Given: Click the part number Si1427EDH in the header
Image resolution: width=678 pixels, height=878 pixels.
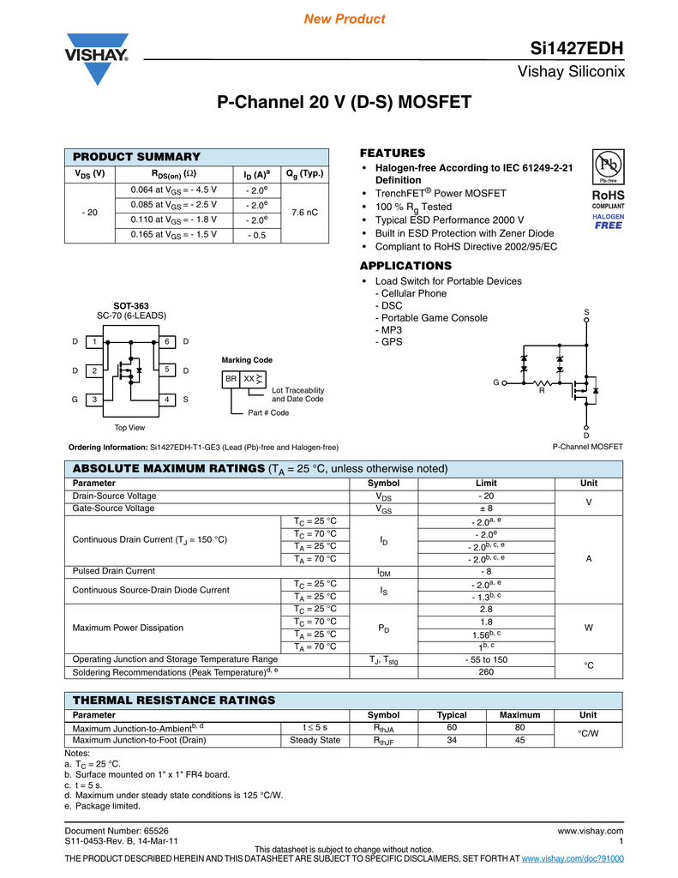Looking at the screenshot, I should [x=577, y=48].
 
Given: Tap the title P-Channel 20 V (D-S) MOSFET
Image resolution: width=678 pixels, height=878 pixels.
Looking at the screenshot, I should [x=344, y=103].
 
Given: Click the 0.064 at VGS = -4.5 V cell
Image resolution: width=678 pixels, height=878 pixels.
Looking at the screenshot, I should [x=174, y=189].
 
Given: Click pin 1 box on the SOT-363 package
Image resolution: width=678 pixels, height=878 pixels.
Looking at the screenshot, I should [x=95, y=342].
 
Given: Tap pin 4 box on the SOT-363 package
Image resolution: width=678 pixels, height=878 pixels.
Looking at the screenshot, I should [x=168, y=400].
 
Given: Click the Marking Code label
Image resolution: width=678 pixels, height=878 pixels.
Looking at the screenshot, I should [x=247, y=360].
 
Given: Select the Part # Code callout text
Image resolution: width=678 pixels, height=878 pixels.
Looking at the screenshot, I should [x=268, y=413].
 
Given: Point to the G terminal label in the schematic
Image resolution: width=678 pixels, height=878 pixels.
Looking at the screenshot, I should [x=495, y=382].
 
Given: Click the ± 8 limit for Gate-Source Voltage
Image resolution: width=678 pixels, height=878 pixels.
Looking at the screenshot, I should [x=485, y=508].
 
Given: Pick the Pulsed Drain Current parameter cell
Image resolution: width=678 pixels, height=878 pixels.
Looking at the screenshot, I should [x=114, y=570].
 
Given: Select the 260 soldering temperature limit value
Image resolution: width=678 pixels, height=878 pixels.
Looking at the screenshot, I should [x=485, y=673].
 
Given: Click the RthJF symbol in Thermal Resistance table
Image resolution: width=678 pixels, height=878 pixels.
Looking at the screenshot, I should [x=383, y=741].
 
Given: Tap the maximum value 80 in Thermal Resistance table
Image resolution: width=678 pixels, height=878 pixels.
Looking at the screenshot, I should [x=519, y=728].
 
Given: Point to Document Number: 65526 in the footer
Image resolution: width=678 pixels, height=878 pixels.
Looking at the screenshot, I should [x=117, y=831].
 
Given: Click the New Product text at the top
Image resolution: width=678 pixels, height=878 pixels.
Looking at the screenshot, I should [x=345, y=19].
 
